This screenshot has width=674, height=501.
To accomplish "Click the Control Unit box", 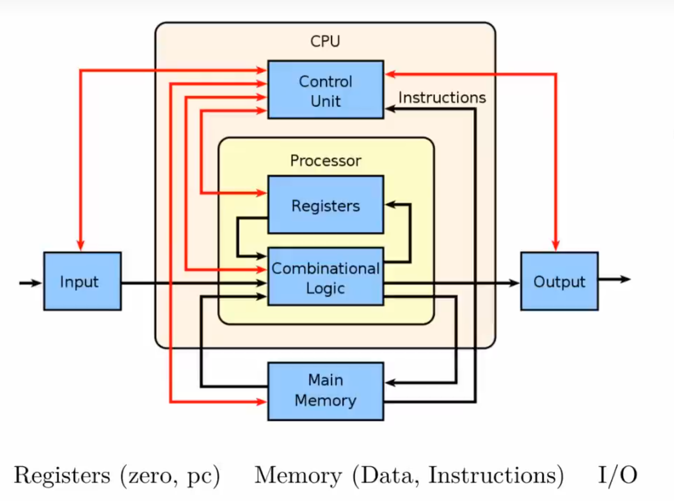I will (325, 89).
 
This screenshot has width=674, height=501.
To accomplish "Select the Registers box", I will (325, 205).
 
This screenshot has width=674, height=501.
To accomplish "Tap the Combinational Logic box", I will (325, 276).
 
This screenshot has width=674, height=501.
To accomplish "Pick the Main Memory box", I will (325, 391).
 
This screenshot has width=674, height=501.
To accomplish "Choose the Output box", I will (559, 281).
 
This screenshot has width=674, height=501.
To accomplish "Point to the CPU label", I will (325, 41).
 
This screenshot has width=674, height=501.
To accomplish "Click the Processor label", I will (325, 161).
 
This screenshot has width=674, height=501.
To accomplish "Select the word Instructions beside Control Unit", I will (442, 98).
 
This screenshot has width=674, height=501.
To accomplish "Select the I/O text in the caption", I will (617, 475).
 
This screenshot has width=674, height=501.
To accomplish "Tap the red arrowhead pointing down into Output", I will (556, 245).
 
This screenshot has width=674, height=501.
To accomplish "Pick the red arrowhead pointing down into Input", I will (80, 245).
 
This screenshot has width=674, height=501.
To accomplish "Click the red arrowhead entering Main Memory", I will (261, 402).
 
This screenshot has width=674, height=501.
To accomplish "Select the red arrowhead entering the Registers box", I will (261, 193).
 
